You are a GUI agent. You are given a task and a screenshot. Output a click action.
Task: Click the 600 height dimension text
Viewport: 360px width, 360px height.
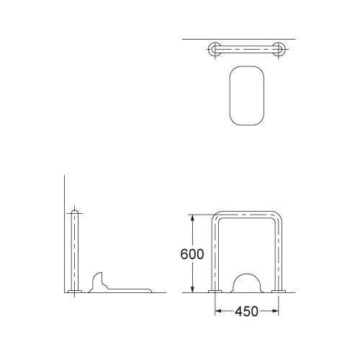(192, 254)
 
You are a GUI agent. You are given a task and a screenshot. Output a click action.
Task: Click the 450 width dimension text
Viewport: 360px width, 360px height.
(246, 311)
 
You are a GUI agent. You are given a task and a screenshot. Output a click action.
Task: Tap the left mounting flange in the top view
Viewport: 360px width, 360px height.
(215, 49)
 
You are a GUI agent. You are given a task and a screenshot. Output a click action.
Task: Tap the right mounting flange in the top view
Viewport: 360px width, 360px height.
(279, 49)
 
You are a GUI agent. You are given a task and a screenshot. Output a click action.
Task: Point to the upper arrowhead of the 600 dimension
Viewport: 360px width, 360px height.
(192, 217)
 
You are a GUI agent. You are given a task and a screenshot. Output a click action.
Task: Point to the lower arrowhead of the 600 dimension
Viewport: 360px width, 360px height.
(192, 289)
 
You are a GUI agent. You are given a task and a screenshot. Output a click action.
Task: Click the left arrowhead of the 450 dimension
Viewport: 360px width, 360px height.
(218, 311)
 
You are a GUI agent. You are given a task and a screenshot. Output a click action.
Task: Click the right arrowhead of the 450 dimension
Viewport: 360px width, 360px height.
(275, 311)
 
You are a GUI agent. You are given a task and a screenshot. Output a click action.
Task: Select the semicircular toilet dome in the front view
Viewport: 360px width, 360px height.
(247, 274)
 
